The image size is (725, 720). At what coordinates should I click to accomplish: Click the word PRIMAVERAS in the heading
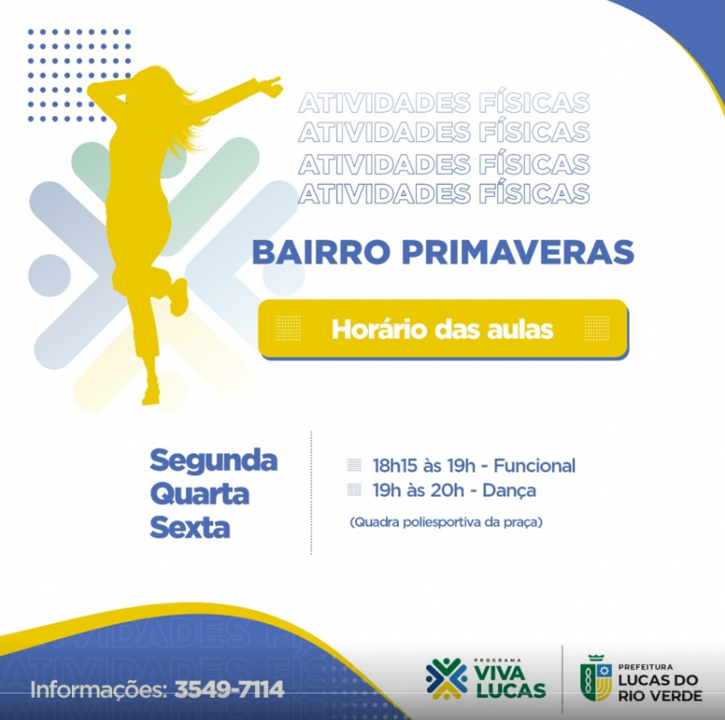click(518, 253)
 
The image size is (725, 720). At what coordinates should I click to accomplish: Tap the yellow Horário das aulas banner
click(443, 329)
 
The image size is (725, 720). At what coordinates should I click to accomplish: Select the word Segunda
click(214, 461)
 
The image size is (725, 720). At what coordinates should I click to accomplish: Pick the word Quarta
click(199, 494)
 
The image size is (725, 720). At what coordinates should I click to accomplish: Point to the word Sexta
click(189, 527)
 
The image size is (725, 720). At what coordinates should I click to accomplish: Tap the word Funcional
click(534, 466)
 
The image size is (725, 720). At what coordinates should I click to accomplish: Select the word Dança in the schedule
click(509, 491)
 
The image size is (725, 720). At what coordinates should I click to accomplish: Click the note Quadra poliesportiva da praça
click(446, 522)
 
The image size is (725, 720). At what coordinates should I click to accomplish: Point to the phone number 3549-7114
click(229, 689)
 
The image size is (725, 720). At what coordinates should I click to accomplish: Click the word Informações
click(98, 690)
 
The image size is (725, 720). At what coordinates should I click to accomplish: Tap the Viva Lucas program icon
click(446, 678)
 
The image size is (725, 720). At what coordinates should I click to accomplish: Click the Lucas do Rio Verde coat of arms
click(596, 678)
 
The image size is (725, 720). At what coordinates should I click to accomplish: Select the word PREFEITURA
click(645, 667)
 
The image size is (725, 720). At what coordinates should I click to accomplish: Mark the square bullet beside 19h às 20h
click(354, 489)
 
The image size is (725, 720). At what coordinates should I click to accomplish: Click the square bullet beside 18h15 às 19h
click(354, 465)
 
